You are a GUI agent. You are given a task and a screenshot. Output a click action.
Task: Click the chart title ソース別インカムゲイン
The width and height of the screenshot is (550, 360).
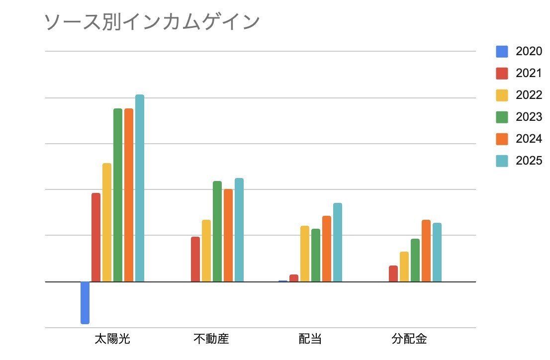click(152, 22)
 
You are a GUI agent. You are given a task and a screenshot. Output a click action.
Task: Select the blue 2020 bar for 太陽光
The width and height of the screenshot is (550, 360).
click(85, 303)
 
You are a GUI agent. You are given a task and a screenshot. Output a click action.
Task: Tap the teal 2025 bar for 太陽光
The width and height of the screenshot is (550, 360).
click(140, 188)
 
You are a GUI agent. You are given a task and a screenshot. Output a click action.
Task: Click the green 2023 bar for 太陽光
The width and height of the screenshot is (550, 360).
click(118, 195)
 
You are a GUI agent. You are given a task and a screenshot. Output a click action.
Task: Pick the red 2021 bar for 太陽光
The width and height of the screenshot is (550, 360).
click(96, 237)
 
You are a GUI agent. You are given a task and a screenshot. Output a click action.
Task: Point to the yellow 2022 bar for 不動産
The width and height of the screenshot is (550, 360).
click(206, 251)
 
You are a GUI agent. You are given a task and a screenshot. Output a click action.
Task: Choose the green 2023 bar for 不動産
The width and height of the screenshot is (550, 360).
click(217, 231)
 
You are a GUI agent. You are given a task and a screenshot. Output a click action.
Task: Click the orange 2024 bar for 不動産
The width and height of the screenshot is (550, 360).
click(228, 235)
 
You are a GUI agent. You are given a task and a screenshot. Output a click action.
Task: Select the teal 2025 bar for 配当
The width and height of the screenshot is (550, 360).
click(338, 242)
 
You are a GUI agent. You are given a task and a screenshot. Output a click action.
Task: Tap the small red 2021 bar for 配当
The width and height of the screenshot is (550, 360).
click(294, 278)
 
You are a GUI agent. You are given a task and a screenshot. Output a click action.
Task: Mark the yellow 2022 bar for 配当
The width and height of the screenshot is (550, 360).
click(305, 254)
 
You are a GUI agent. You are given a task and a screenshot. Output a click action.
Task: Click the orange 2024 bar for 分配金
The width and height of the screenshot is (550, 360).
click(426, 251)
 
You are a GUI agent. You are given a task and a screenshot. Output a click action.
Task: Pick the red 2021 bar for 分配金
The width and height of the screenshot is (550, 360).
click(393, 273)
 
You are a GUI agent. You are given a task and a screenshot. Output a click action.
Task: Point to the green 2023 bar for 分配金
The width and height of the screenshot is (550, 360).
click(415, 260)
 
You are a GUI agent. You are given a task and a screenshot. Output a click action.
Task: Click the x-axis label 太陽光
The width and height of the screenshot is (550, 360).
click(112, 339)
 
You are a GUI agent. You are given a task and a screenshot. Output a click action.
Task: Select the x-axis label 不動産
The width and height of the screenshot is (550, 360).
click(211, 339)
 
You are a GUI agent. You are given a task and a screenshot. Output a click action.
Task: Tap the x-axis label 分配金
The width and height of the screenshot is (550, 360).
click(409, 339)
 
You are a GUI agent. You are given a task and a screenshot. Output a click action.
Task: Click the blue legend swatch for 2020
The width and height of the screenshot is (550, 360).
click(502, 51)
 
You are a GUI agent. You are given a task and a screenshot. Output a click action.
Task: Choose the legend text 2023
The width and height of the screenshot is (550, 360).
click(529, 117)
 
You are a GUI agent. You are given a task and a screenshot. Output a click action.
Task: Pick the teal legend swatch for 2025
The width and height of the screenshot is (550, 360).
click(502, 161)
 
